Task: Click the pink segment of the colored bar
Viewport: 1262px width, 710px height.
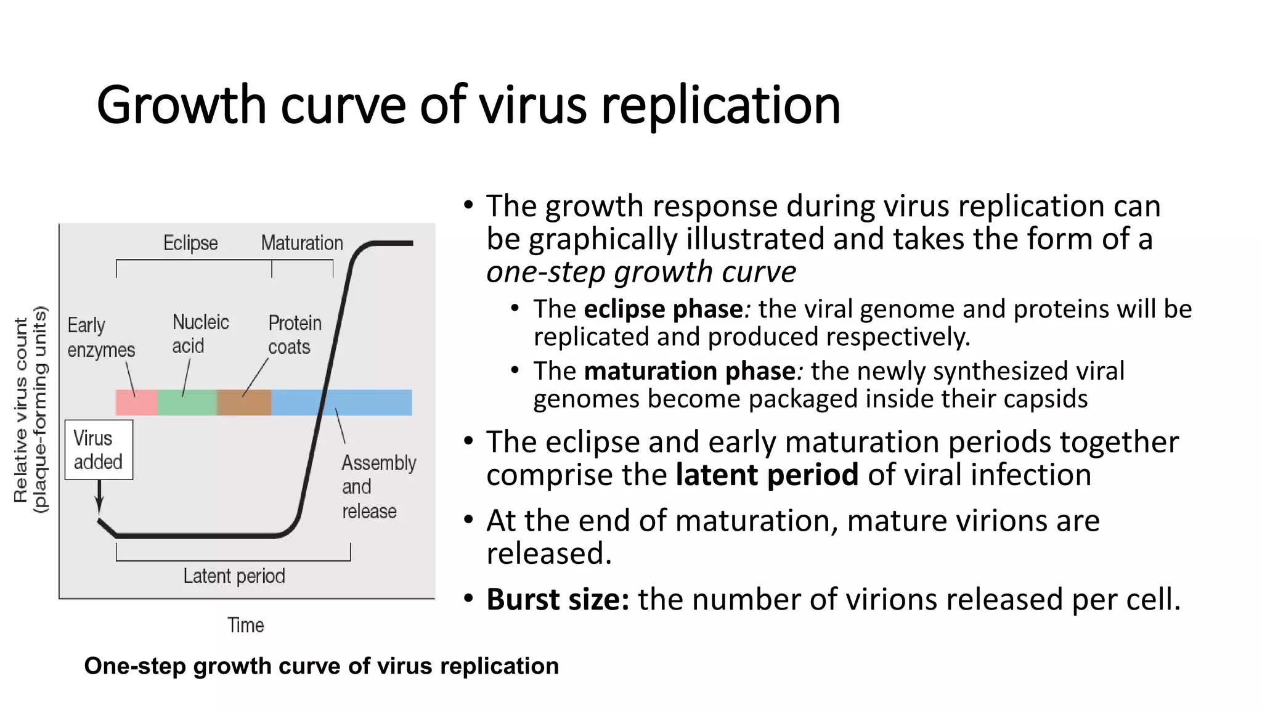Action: pyautogui.click(x=136, y=402)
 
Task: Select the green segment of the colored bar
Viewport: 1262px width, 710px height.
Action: pyautogui.click(x=187, y=402)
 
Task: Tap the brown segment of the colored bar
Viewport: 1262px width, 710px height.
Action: pyautogui.click(x=244, y=402)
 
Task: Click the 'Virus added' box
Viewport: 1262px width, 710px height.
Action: pyautogui.click(x=99, y=450)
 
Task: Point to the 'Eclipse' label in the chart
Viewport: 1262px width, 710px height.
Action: pyautogui.click(x=190, y=243)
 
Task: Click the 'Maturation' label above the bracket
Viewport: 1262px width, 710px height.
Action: pyautogui.click(x=302, y=243)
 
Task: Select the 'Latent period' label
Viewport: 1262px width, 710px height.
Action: pyautogui.click(x=234, y=576)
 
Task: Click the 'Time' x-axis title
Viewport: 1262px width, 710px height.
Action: pyautogui.click(x=246, y=625)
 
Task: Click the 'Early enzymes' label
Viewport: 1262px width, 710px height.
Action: pyautogui.click(x=100, y=337)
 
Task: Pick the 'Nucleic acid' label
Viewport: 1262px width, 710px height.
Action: pyautogui.click(x=200, y=334)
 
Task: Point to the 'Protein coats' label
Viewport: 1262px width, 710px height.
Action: pyautogui.click(x=295, y=335)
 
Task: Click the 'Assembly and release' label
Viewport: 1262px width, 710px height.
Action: pyautogui.click(x=378, y=487)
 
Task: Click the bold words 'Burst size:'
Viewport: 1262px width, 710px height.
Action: pyautogui.click(x=558, y=599)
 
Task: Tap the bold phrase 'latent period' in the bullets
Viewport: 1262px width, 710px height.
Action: pyautogui.click(x=767, y=475)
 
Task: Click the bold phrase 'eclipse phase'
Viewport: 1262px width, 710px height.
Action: pyautogui.click(x=663, y=309)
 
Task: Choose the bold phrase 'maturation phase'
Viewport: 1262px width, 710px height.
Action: pyautogui.click(x=690, y=371)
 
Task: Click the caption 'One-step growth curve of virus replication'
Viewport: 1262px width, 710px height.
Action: pyautogui.click(x=321, y=666)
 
